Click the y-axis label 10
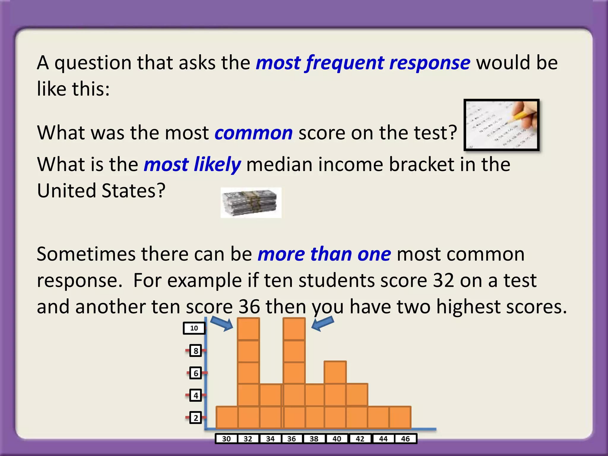click(x=194, y=328)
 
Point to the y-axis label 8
click(x=196, y=351)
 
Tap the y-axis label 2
click(x=196, y=418)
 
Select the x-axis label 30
click(x=226, y=439)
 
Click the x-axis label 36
click(x=292, y=439)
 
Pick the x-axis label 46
click(x=405, y=439)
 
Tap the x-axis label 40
click(x=337, y=439)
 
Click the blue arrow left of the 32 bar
click(x=222, y=323)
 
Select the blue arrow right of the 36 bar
click(x=323, y=323)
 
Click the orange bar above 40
click(x=335, y=395)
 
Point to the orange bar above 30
click(x=227, y=417)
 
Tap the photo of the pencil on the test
click(x=501, y=125)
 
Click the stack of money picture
click(x=251, y=203)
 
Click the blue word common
click(x=254, y=133)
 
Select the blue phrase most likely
click(x=192, y=164)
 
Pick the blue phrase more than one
click(x=324, y=254)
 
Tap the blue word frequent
click(x=345, y=63)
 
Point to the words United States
click(x=101, y=191)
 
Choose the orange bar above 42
click(x=357, y=406)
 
